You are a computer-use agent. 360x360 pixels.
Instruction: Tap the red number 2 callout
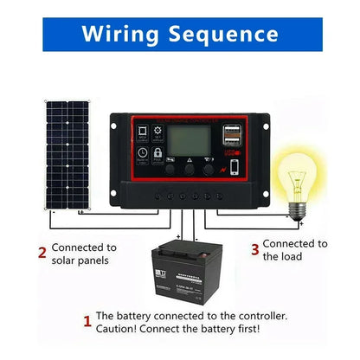coord(41,253)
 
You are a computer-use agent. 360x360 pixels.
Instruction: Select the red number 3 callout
coord(254,250)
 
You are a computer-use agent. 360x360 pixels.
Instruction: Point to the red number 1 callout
coord(86,322)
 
